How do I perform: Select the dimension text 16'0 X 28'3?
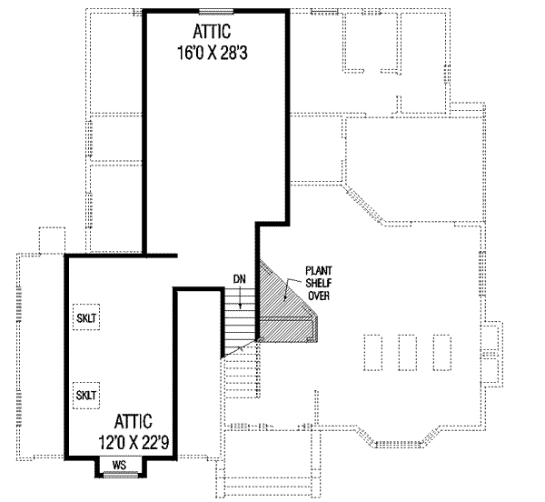click(213, 54)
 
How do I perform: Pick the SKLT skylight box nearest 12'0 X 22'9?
click(87, 395)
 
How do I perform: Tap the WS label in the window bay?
click(118, 465)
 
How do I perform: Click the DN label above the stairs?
click(238, 279)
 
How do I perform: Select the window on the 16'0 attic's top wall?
click(216, 11)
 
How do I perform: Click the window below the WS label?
click(118, 474)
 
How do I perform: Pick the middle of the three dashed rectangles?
click(407, 352)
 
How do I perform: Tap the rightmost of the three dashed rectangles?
click(441, 352)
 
